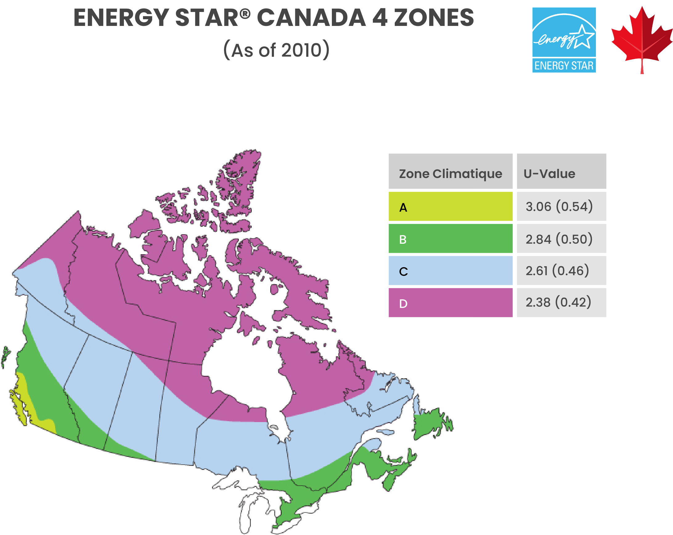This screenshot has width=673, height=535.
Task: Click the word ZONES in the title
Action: (434, 18)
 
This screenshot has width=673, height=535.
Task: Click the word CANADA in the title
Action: (311, 18)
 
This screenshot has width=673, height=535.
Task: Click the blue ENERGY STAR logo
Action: (564, 40)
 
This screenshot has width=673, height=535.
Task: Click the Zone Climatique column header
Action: (450, 173)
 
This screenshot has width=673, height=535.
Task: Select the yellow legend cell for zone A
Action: (450, 206)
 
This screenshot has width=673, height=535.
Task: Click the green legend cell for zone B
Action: (450, 239)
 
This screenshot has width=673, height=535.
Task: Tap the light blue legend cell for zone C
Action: (450, 271)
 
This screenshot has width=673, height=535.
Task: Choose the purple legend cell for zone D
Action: (450, 302)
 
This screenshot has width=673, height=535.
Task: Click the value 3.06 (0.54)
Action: (559, 206)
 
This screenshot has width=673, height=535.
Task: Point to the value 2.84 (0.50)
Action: (559, 239)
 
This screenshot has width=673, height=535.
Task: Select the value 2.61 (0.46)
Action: (557, 271)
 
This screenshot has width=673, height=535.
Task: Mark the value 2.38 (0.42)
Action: (558, 302)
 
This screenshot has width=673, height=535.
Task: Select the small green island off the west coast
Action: (5, 356)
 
